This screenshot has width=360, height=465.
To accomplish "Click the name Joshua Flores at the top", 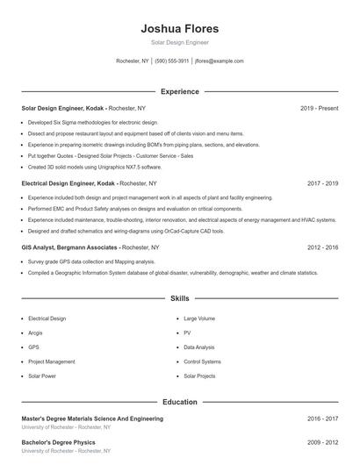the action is pyautogui.click(x=179, y=29).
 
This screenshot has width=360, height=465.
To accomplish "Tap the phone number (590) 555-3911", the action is pyautogui.click(x=172, y=61).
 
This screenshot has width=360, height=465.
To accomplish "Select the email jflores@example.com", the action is pyautogui.click(x=219, y=61).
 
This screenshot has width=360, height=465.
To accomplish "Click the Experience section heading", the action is pyautogui.click(x=179, y=91).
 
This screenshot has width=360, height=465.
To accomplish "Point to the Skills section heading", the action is pyautogui.click(x=179, y=298).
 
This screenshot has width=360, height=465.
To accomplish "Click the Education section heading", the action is pyautogui.click(x=179, y=402).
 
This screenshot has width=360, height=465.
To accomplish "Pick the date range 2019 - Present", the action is pyautogui.click(x=319, y=108).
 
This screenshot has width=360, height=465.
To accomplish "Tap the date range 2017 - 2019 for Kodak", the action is pyautogui.click(x=322, y=184).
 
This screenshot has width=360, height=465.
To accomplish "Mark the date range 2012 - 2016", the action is pyautogui.click(x=322, y=247).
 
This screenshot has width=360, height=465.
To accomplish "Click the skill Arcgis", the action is pyautogui.click(x=36, y=333).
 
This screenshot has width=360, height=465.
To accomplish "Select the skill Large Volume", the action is pyautogui.click(x=199, y=318).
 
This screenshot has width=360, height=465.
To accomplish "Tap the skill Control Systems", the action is pyautogui.click(x=202, y=361).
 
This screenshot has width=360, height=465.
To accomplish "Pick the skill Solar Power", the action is pyautogui.click(x=41, y=376).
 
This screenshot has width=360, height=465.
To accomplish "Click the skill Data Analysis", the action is pyautogui.click(x=199, y=347).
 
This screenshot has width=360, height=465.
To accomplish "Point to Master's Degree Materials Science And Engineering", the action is pyautogui.click(x=92, y=419).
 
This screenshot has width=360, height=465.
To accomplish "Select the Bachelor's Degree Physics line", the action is pyautogui.click(x=58, y=442).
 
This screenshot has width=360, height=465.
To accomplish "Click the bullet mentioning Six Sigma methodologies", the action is pyautogui.click(x=93, y=123).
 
